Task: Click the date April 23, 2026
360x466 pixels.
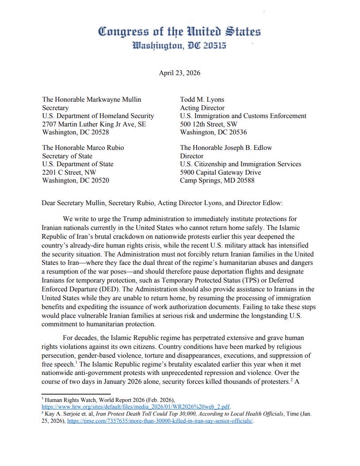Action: tap(180, 73)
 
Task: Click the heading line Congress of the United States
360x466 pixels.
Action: tap(179, 32)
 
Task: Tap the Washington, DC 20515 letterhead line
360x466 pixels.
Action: tap(179, 46)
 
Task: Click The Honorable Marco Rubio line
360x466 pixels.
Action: tap(83, 148)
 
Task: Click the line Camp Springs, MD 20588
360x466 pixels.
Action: tap(217, 180)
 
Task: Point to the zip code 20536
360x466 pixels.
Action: tap(236, 132)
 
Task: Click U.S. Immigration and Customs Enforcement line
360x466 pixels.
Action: tap(243, 116)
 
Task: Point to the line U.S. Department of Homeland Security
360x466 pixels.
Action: tap(98, 116)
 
